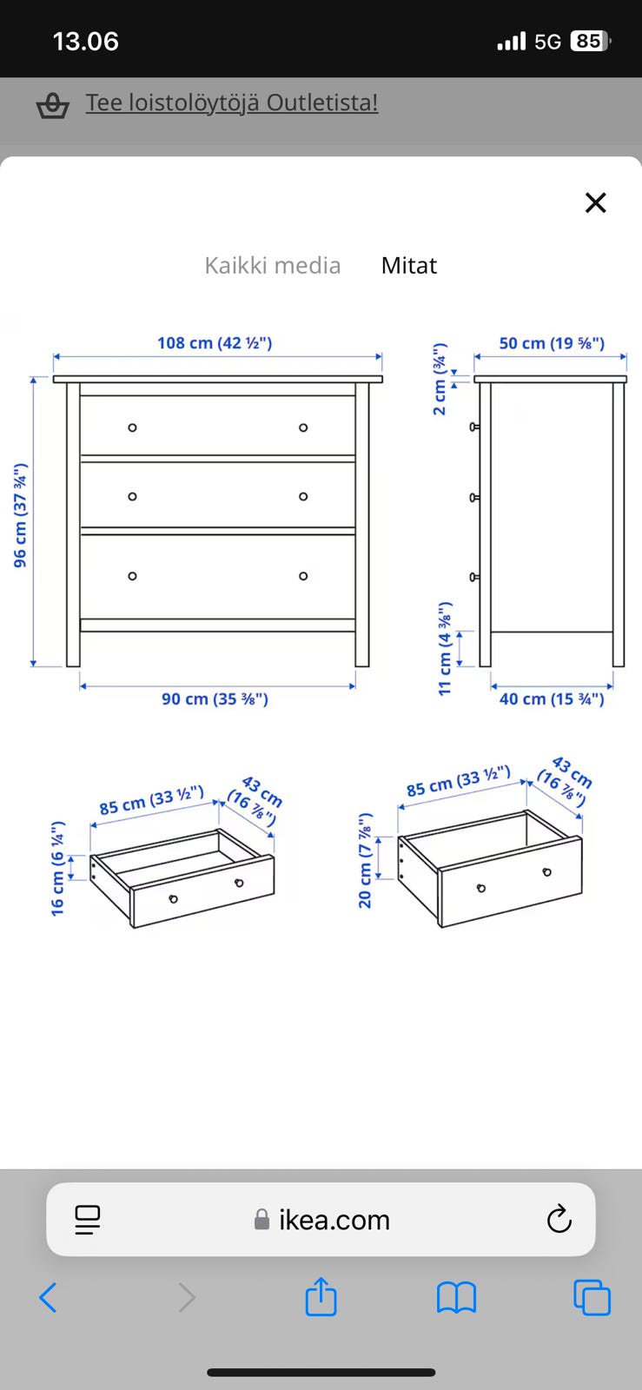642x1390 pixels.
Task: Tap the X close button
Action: click(x=595, y=202)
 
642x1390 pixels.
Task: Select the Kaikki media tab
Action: click(x=272, y=266)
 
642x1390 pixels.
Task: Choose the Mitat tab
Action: click(x=409, y=266)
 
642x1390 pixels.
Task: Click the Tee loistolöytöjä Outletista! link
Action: click(x=231, y=103)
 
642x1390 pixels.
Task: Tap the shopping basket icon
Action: click(x=52, y=105)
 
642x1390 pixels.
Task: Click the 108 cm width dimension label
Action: click(x=215, y=343)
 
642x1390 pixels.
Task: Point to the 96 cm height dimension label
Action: click(x=21, y=515)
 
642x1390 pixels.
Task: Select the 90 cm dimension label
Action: click(x=215, y=699)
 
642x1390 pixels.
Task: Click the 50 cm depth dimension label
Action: click(x=552, y=343)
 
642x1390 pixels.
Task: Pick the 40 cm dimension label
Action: click(x=552, y=699)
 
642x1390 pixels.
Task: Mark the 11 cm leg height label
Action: click(x=445, y=648)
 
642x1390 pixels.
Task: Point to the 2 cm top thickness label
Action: click(x=440, y=379)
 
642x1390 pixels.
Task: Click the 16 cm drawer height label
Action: click(x=57, y=869)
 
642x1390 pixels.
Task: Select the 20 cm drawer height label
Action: click(x=365, y=860)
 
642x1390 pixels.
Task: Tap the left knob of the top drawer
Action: click(x=132, y=427)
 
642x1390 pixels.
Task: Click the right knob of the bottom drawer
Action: click(x=303, y=576)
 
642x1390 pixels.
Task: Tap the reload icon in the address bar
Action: click(x=559, y=1220)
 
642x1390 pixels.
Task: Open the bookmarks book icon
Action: click(x=457, y=1298)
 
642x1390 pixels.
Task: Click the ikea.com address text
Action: click(x=334, y=1220)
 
